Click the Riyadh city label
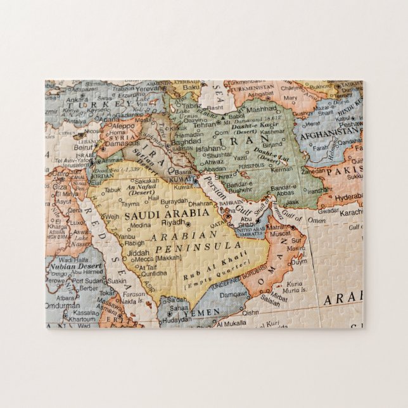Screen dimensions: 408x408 point(172,223)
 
